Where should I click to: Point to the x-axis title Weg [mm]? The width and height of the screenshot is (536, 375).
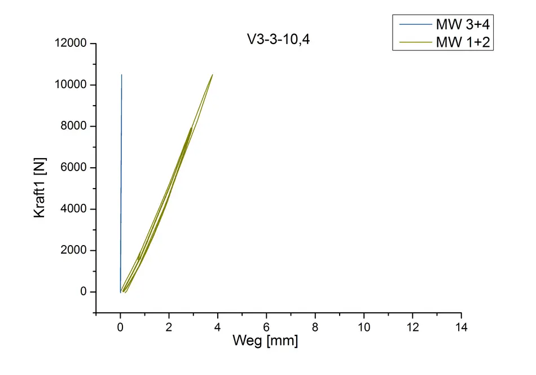(265, 341)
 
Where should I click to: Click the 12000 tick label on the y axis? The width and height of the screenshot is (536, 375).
(71, 43)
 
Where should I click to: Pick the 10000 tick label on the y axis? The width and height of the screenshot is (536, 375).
(71, 85)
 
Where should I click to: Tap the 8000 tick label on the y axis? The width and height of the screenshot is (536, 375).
(74, 127)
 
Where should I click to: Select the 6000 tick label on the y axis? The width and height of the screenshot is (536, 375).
(74, 168)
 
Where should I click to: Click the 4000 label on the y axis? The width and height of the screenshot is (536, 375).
(74, 209)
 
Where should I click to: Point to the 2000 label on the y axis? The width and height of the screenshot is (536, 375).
(74, 251)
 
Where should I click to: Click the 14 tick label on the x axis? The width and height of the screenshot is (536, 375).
(461, 327)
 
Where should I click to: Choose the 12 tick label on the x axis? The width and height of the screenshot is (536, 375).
(412, 327)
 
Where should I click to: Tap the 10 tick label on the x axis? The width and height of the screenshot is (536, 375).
(364, 327)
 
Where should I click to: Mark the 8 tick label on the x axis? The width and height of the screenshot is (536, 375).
(315, 327)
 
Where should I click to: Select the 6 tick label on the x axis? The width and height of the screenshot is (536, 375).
(266, 327)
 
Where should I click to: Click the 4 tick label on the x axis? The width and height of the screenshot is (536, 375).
(218, 327)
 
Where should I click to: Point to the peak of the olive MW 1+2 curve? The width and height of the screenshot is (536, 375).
(212, 75)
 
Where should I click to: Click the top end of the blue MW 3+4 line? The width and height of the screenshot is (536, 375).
(121, 75)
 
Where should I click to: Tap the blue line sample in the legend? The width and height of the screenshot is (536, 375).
(414, 25)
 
